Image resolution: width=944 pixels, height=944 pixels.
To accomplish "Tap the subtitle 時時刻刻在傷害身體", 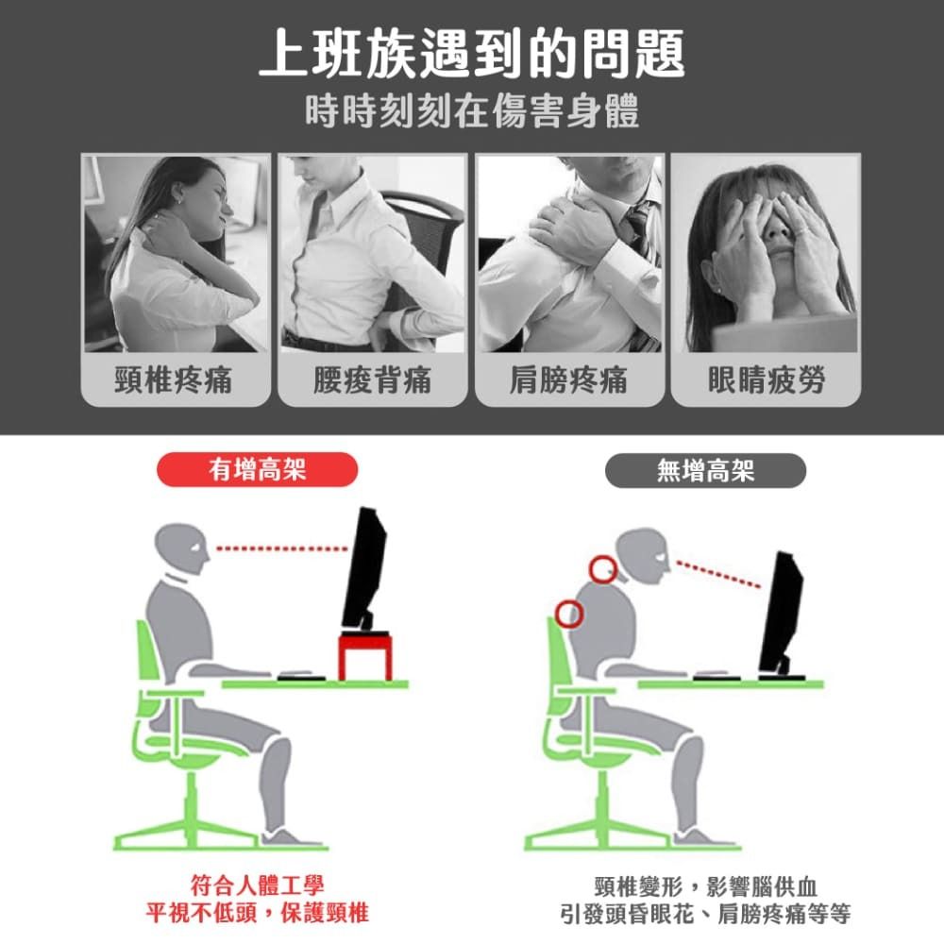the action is tap(472, 111).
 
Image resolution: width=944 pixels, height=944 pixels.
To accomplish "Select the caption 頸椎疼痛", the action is tap(174, 379).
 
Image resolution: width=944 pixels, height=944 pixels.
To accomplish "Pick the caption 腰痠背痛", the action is tap(372, 379).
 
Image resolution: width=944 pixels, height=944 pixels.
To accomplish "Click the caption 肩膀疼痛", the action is tap(569, 379).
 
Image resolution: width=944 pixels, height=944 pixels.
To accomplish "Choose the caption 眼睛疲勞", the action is tap(766, 379).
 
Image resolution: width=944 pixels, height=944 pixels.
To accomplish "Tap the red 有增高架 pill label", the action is tap(257, 469).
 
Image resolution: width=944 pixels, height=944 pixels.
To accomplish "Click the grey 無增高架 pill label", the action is tap(705, 470).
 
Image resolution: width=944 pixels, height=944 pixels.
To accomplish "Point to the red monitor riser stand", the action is tap(364, 656).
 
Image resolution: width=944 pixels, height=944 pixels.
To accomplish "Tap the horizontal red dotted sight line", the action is tap(281, 548).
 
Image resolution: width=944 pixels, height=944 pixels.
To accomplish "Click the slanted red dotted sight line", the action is tap(718, 574).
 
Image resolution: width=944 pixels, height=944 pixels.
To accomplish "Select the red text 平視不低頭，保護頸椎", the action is tap(257, 913).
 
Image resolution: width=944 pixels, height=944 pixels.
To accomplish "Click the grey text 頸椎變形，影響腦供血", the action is tap(705, 886).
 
